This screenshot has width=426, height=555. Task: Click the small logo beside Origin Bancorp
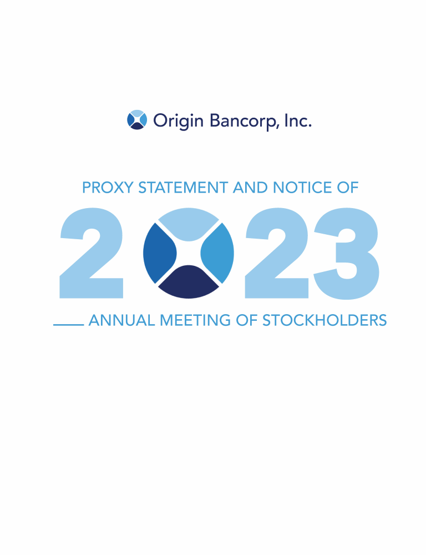click(137, 120)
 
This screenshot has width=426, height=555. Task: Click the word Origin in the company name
click(178, 121)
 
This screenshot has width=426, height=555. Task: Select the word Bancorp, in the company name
click(245, 122)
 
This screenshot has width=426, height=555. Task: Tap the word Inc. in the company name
click(298, 120)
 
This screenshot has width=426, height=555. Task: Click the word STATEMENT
click(183, 188)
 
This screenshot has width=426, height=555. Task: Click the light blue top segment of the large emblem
click(189, 221)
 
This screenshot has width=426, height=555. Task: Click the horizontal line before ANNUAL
click(69, 325)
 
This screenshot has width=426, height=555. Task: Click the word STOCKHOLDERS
click(324, 320)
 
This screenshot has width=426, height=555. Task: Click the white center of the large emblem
click(189, 253)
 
